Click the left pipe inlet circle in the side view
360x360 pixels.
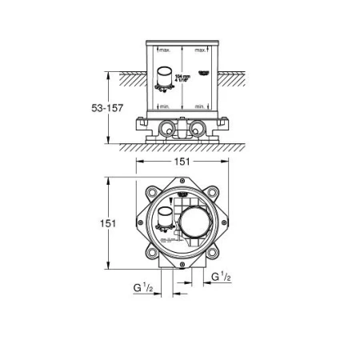167,127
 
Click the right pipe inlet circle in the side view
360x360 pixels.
197,127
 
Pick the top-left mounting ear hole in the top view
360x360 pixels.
149,191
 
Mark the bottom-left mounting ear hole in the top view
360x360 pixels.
149,256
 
